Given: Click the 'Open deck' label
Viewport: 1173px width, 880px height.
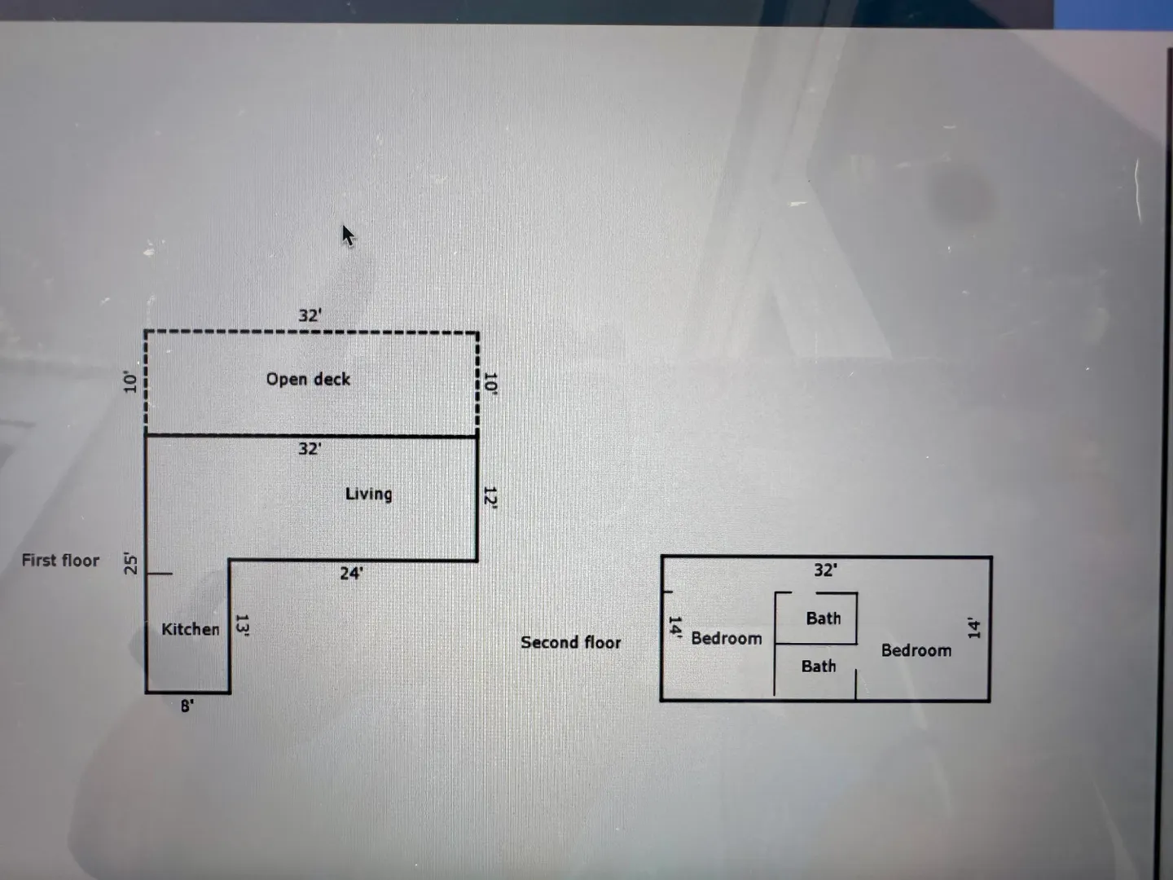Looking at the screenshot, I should (308, 379).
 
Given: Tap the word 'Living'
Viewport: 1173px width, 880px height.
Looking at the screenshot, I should (368, 494).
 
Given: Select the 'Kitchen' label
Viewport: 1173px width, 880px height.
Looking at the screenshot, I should (190, 629).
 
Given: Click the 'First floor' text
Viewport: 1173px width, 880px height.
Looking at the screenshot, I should (60, 561).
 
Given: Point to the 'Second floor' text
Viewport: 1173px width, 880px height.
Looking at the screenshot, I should (570, 642).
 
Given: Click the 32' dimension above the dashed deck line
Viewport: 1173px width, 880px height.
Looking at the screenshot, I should (310, 315).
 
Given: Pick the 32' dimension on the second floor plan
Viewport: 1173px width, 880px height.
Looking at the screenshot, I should (825, 570).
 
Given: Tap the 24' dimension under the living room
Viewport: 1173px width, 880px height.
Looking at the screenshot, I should (351, 574).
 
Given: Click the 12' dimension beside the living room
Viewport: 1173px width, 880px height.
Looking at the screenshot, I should (490, 496).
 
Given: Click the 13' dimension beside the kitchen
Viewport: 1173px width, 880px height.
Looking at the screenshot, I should (242, 624).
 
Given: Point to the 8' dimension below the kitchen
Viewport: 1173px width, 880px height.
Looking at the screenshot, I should (187, 706).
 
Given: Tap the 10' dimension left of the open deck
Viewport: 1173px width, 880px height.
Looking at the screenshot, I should (130, 381).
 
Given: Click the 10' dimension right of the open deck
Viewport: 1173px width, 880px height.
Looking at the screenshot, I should (490, 383).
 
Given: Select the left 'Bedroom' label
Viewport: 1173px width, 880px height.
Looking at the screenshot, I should (726, 638).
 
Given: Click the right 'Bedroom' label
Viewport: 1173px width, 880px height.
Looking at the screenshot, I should (916, 650).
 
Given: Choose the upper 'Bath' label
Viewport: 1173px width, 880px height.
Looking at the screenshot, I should (823, 618).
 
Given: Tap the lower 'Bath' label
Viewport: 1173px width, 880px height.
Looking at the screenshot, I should (818, 667).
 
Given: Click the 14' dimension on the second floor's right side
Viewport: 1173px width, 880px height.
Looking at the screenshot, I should (974, 627).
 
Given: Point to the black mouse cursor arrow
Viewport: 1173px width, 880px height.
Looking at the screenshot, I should (347, 235).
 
